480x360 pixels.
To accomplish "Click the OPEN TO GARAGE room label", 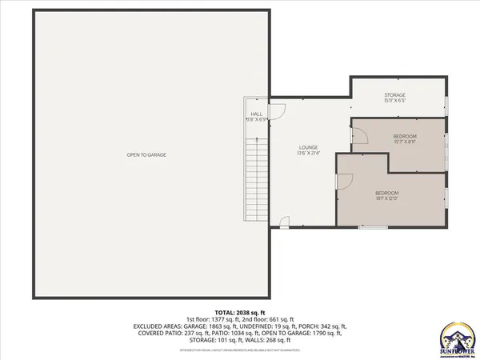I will click(x=146, y=154).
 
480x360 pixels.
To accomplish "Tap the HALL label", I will click(x=257, y=114).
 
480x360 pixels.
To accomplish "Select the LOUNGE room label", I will click(x=309, y=147).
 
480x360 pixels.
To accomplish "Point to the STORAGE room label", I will click(x=395, y=95).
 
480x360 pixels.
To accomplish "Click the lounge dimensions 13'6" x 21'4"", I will click(x=309, y=154).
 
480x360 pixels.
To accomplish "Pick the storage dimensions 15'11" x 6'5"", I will click(x=395, y=102).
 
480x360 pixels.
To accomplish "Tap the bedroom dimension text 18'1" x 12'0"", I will click(x=387, y=200).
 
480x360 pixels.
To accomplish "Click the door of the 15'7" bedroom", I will click(x=359, y=138).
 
